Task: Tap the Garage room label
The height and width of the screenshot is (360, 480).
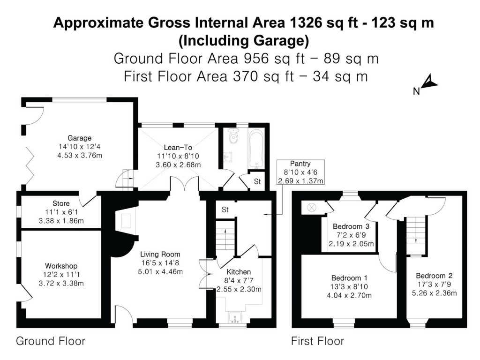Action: [x=79, y=139]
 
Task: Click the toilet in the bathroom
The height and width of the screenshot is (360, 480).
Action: [x=233, y=136]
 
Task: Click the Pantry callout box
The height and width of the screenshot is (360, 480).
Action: [x=300, y=172]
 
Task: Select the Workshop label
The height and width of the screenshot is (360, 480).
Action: [x=61, y=266]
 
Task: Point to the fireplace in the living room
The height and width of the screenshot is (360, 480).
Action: [x=125, y=220]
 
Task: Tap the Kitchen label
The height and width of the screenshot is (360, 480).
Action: [x=239, y=272]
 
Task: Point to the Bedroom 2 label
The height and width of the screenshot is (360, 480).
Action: [x=434, y=276]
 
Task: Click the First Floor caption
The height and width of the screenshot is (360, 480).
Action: [x=317, y=341]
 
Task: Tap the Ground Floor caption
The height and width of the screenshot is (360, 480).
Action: [x=51, y=341]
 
